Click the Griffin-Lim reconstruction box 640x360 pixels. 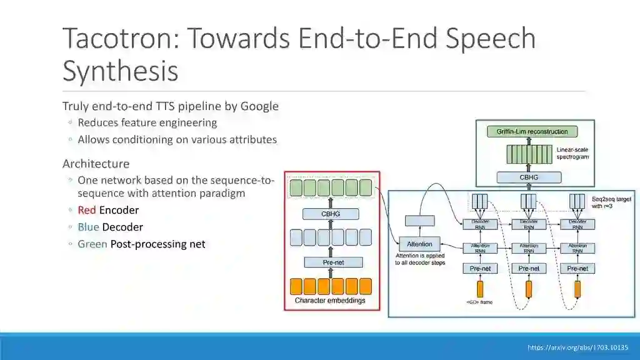(532, 132)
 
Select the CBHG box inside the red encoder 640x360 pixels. (331, 214)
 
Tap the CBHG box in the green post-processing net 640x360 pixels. (529, 177)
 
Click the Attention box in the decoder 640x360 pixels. (419, 244)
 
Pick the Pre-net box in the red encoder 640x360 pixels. (333, 262)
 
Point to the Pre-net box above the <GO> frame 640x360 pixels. (480, 269)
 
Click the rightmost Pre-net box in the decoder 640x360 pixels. (577, 269)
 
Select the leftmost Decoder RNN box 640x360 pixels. (480, 224)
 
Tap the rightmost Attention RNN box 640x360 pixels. (577, 248)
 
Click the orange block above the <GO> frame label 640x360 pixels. (480, 289)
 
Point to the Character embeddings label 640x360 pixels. (330, 301)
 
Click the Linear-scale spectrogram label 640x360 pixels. (572, 153)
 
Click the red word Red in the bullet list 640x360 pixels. (87, 210)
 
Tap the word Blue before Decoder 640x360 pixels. (88, 227)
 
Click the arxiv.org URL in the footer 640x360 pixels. (577, 347)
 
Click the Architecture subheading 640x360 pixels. (96, 164)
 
